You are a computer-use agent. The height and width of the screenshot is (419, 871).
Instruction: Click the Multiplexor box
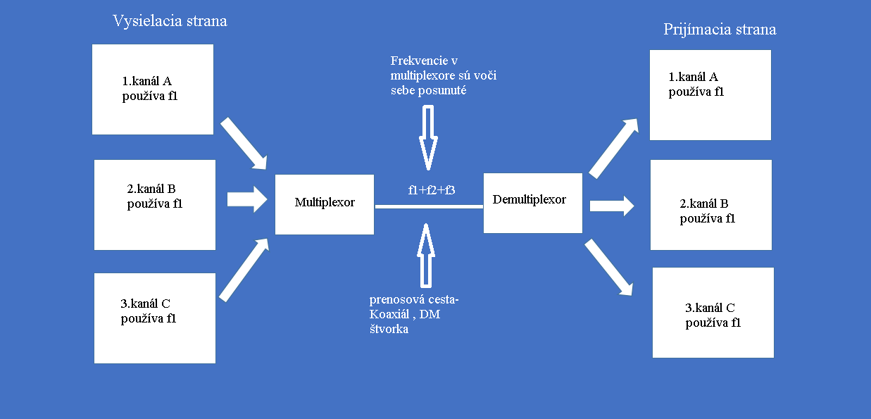pos(325,204)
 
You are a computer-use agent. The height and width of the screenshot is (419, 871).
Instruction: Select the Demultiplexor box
pos(532,203)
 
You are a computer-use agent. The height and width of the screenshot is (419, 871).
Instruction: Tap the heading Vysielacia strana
pos(170,21)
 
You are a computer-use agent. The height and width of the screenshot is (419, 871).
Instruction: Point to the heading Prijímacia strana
pos(720,30)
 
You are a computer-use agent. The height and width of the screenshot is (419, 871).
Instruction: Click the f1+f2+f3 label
pos(432,189)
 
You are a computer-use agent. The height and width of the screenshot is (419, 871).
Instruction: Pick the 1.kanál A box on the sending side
pos(153,89)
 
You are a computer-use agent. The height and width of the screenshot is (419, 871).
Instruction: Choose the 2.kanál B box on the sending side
pos(155,204)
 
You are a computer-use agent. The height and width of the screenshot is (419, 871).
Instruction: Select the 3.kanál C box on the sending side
pos(154,318)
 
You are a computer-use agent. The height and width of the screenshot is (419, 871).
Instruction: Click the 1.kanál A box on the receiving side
pos(710,95)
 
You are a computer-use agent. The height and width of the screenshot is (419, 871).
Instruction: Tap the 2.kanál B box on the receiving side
pos(710,205)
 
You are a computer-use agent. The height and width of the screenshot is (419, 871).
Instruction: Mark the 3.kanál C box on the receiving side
pos(713,313)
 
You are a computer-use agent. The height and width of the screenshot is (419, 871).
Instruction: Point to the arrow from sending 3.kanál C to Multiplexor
pos(244,270)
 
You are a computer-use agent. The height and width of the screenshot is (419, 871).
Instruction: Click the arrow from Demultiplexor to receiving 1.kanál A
pos(614,148)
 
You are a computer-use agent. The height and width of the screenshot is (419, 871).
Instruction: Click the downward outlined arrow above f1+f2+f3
pos(427,137)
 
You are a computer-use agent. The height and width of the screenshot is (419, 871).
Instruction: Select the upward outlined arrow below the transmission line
pos(425,256)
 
